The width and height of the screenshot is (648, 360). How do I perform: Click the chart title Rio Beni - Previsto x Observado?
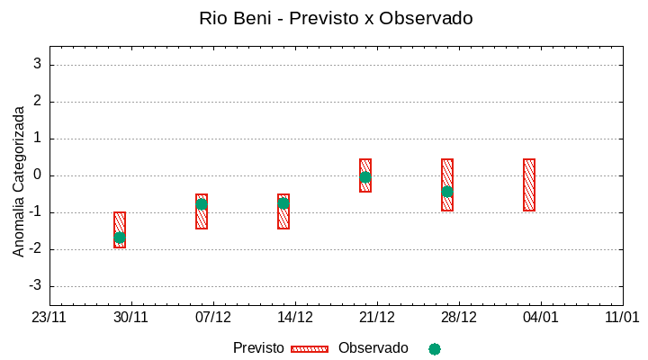(336, 18)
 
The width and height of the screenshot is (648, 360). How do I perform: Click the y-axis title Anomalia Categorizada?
(18, 182)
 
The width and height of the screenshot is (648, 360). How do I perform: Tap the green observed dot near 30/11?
(120, 238)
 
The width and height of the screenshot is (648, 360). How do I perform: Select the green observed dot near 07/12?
(202, 204)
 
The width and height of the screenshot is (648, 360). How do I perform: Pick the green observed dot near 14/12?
(283, 203)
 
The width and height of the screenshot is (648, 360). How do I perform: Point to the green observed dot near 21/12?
(365, 177)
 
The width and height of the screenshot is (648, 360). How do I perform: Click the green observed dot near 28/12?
(447, 192)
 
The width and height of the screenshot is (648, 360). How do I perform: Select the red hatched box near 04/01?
(529, 184)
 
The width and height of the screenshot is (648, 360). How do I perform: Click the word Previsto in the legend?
(258, 348)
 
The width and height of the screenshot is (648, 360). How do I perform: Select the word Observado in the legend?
(373, 348)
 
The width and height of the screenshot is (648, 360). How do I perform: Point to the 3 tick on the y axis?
(37, 65)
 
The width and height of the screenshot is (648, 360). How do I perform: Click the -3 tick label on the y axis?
(35, 286)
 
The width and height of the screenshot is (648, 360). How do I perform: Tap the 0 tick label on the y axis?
(37, 175)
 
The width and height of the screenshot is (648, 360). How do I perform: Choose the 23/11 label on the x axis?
(49, 318)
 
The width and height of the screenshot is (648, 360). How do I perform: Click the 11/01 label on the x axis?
(622, 318)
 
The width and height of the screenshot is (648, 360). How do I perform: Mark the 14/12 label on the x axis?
(295, 318)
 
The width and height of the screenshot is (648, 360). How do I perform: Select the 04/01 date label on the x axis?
(540, 318)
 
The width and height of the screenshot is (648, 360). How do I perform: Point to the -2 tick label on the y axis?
(35, 249)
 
